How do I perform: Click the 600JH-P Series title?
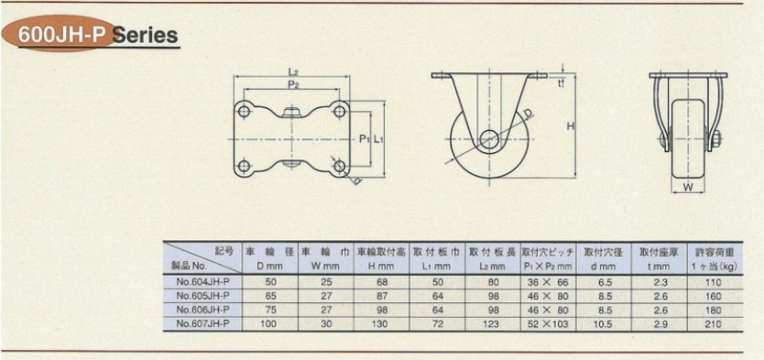click(x=97, y=35)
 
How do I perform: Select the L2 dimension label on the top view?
click(x=292, y=72)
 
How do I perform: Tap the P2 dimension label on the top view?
click(x=292, y=85)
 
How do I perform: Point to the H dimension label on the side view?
click(x=570, y=126)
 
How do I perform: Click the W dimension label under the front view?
click(x=687, y=187)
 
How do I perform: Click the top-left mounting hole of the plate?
click(x=245, y=112)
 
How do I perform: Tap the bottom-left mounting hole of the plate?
click(x=245, y=167)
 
